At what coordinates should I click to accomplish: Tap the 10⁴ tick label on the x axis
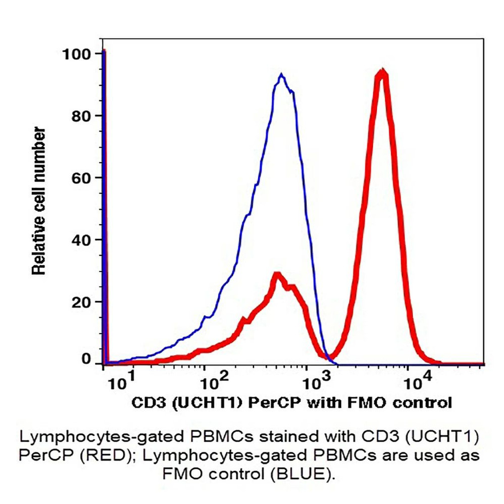click(x=419, y=382)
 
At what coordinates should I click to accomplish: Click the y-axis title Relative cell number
click(x=39, y=201)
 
